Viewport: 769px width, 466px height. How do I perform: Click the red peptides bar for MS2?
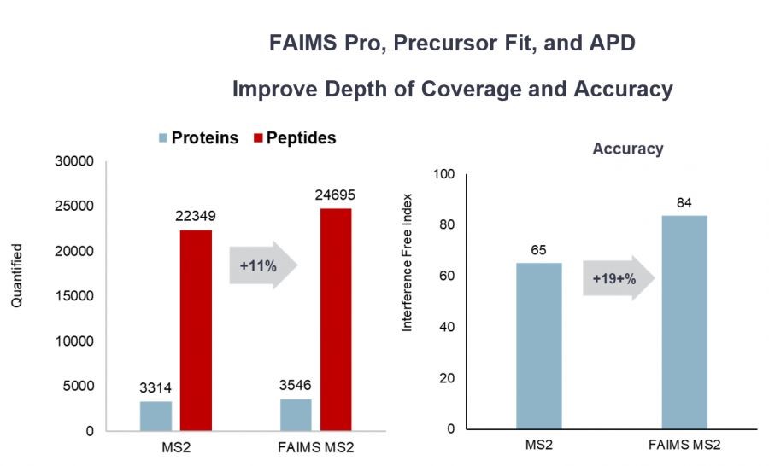click(x=196, y=330)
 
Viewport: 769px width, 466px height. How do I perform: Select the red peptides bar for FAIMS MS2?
click(x=335, y=319)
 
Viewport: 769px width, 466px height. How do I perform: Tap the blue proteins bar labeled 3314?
click(x=156, y=416)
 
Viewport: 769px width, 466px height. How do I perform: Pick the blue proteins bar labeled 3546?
click(x=296, y=415)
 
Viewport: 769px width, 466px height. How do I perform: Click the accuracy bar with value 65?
click(x=538, y=346)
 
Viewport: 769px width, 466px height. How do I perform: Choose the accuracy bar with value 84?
click(x=684, y=322)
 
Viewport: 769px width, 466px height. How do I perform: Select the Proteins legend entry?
click(x=197, y=138)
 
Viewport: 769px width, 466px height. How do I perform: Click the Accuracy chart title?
click(x=628, y=149)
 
